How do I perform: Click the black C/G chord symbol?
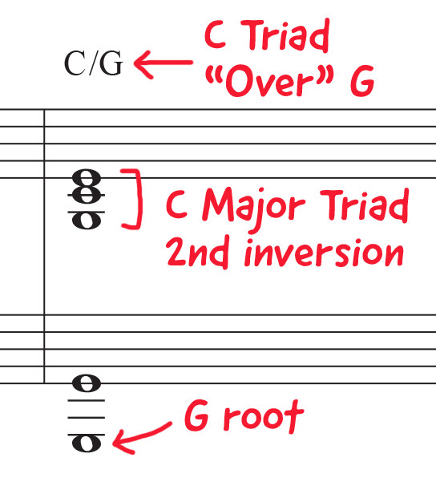[94, 63]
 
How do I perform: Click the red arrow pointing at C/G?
[163, 63]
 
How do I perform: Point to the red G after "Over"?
[362, 80]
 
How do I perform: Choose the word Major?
[253, 206]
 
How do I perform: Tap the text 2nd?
[198, 252]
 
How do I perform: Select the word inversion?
[324, 253]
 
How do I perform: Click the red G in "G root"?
[196, 415]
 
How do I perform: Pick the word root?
[264, 416]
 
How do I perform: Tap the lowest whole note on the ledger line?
[87, 443]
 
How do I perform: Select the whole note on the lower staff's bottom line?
[87, 383]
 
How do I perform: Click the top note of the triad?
[87, 178]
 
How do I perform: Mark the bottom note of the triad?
[87, 221]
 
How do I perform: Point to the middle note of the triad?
[87, 195]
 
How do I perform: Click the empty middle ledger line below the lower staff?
[87, 418]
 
